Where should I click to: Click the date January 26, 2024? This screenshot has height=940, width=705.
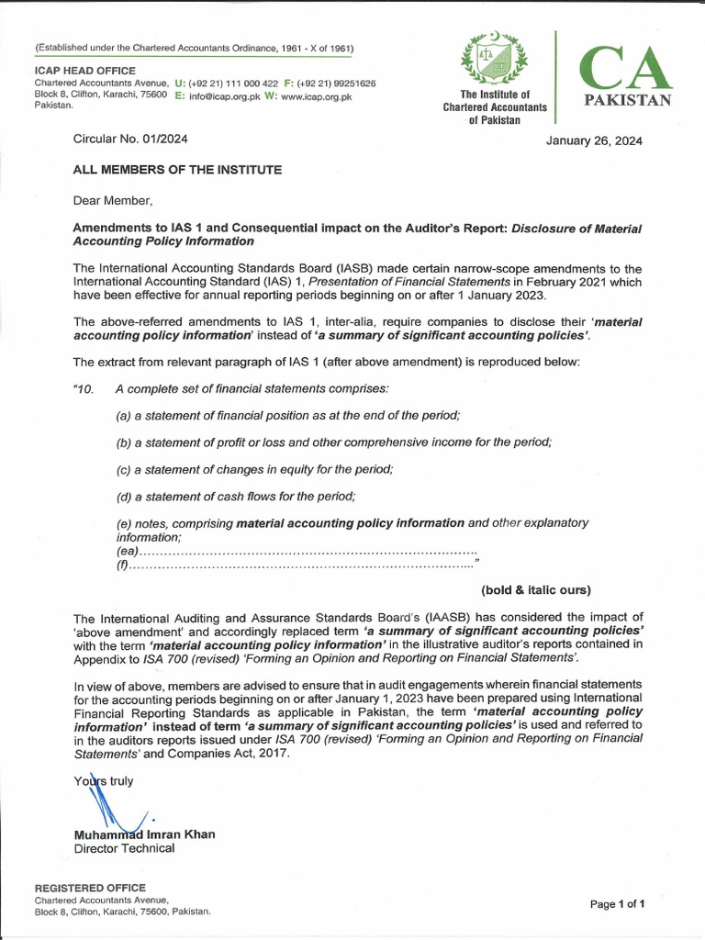tap(594, 140)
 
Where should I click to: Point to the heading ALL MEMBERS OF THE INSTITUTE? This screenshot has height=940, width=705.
tap(177, 170)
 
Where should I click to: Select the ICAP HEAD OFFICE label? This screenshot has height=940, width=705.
tap(84, 71)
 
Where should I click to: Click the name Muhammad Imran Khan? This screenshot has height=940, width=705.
tap(144, 834)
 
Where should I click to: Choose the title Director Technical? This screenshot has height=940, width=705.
tap(124, 848)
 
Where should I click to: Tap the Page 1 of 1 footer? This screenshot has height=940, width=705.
tap(617, 904)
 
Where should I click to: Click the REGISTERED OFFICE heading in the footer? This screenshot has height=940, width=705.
tap(90, 888)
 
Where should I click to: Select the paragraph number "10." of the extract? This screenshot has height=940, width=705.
tap(84, 389)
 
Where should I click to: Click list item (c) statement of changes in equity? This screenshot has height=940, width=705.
tap(254, 469)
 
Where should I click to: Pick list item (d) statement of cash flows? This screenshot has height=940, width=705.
tap(236, 497)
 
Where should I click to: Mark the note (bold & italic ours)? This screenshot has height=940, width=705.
tap(536, 589)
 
